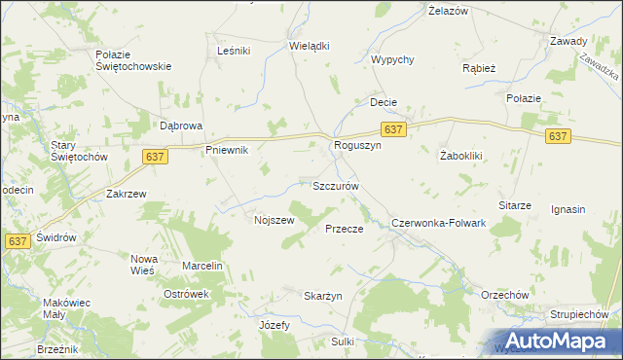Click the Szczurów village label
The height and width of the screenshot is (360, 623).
pyautogui.click(x=336, y=185)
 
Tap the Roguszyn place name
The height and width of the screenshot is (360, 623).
pyautogui.click(x=351, y=146)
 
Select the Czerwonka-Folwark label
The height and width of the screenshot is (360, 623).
pyautogui.click(x=438, y=223)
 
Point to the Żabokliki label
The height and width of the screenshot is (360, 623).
pyautogui.click(x=463, y=156)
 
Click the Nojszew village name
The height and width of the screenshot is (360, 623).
pyautogui.click(x=274, y=220)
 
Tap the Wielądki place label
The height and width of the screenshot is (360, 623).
pyautogui.click(x=310, y=46)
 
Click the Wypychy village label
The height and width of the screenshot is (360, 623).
pyautogui.click(x=393, y=59)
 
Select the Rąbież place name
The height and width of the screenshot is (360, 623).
pyautogui.click(x=480, y=68)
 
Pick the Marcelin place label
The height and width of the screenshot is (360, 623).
pyautogui.click(x=202, y=266)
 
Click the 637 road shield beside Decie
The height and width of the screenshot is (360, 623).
pyautogui.click(x=393, y=129)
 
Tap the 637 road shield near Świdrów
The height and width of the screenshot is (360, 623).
pyautogui.click(x=17, y=241)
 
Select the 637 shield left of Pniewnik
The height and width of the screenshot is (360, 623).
pyautogui.click(x=156, y=156)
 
